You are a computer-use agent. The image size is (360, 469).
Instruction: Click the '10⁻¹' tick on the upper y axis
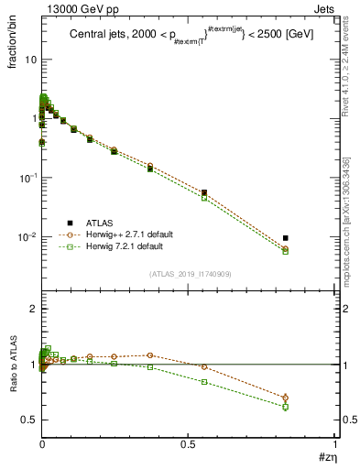(27, 178)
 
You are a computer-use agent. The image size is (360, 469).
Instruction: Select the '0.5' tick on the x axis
(188, 444)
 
